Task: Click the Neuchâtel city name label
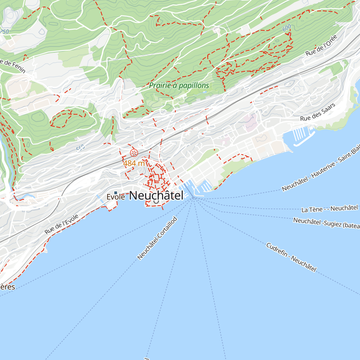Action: [x=156, y=195]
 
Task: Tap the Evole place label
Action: [x=116, y=197]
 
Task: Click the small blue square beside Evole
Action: [x=115, y=193]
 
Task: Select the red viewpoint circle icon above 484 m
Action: [x=134, y=153]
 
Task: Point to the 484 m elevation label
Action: [x=134, y=163]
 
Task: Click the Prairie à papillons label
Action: [x=179, y=85]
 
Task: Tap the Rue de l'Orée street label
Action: [x=322, y=45]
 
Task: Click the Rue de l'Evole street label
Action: [x=61, y=224]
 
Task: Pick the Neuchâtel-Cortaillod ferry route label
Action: [x=157, y=238]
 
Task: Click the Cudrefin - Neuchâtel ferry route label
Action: [x=291, y=257]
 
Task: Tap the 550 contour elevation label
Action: [x=80, y=148]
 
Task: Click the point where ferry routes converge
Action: [x=194, y=198]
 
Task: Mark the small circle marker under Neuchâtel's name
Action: [x=156, y=202]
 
